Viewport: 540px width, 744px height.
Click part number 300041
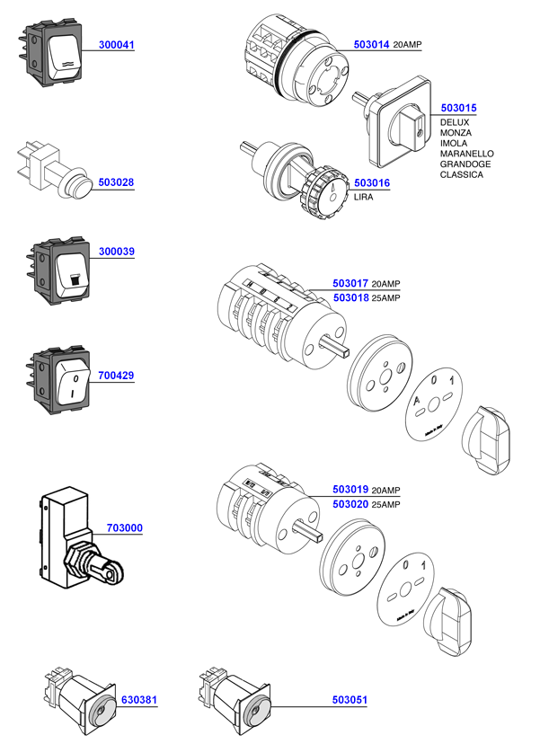pyautogui.click(x=116, y=44)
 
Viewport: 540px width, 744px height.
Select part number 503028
pyautogui.click(x=116, y=182)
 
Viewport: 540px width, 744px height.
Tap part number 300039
pyautogui.click(x=116, y=252)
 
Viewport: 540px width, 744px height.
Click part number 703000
pyautogui.click(x=124, y=528)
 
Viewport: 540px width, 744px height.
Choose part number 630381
pyautogui.click(x=139, y=699)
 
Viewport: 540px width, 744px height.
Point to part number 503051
pyautogui.click(x=350, y=699)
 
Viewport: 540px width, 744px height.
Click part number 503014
pyautogui.click(x=371, y=44)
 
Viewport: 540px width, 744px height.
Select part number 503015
pyautogui.click(x=458, y=108)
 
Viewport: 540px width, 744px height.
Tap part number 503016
pyautogui.click(x=372, y=183)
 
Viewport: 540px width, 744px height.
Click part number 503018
pyautogui.click(x=350, y=297)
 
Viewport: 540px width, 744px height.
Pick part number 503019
pyautogui.click(x=350, y=490)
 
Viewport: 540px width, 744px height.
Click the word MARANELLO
pyautogui.click(x=466, y=154)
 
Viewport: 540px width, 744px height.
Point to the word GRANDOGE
pyautogui.click(x=464, y=164)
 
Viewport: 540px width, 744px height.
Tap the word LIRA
pyautogui.click(x=364, y=197)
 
